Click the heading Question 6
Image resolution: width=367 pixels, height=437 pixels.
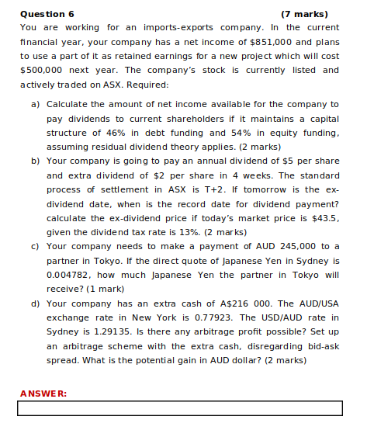coord(47,14)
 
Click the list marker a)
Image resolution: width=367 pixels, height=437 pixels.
coord(36,104)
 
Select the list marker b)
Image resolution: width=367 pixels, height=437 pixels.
coord(36,161)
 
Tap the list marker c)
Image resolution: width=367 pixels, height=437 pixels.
coord(36,245)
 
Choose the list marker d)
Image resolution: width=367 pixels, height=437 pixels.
coord(36,303)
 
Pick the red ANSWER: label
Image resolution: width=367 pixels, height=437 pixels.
coord(43,394)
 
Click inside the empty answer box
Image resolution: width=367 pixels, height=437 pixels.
coord(179,408)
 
